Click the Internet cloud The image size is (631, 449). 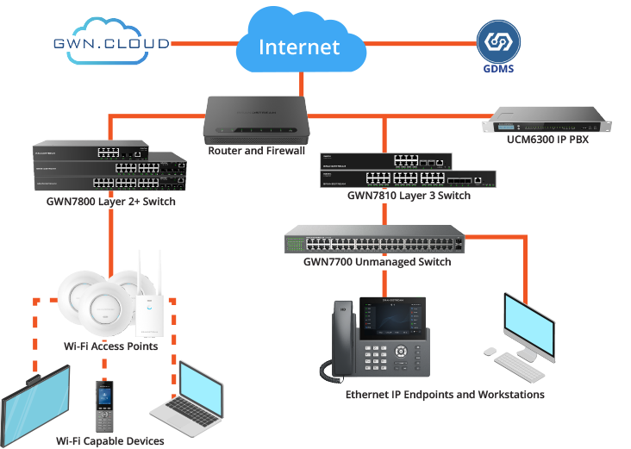pos(299,45)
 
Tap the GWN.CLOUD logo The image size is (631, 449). pos(110,42)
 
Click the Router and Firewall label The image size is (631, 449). pos(256,151)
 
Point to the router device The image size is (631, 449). pos(256,121)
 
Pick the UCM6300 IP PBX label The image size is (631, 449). pos(548,139)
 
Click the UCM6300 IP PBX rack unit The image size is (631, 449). pos(547,121)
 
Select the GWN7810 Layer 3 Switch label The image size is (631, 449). pos(409,196)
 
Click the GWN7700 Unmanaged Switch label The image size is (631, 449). pos(377,261)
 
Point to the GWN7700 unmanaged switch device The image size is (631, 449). pos(377,239)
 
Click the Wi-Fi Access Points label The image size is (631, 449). pos(110,346)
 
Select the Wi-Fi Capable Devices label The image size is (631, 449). pos(109,441)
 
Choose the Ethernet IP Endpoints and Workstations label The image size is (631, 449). pos(445,395)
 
